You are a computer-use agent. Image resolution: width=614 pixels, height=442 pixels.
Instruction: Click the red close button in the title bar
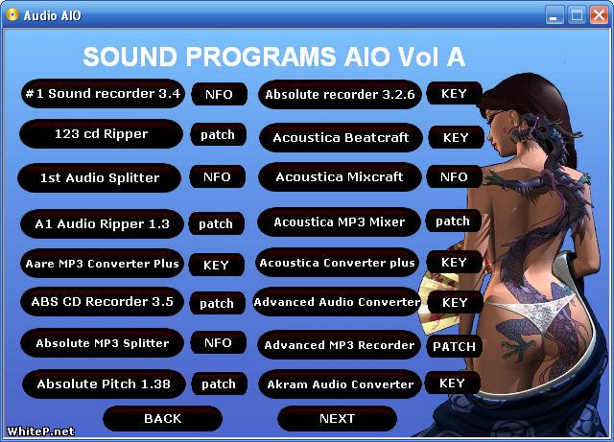click(x=599, y=15)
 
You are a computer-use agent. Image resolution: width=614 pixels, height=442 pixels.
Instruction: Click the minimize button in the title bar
click(x=555, y=15)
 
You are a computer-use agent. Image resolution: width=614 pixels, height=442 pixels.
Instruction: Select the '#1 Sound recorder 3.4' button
click(x=103, y=94)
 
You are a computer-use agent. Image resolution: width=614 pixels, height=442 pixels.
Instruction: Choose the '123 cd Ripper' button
click(x=101, y=134)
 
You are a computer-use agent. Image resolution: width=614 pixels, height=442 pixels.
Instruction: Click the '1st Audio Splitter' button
click(x=100, y=177)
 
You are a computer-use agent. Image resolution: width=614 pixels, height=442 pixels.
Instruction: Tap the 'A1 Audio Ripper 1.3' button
click(x=102, y=223)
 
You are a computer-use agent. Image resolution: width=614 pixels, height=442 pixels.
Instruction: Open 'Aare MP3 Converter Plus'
click(x=102, y=264)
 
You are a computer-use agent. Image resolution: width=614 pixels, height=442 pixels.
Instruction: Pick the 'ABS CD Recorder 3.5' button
click(x=102, y=301)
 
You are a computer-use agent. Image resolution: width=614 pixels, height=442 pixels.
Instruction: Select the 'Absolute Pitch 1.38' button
click(x=104, y=384)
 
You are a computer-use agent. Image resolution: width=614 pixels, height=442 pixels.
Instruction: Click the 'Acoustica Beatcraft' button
click(x=342, y=137)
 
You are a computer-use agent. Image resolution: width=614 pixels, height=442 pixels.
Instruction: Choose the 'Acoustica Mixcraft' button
click(x=340, y=177)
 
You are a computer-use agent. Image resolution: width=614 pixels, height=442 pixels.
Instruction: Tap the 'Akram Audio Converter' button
click(x=340, y=384)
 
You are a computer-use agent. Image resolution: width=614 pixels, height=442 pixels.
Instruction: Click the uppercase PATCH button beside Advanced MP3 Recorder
click(x=454, y=346)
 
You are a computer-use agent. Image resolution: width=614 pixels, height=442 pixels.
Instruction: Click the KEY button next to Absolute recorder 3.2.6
click(x=454, y=93)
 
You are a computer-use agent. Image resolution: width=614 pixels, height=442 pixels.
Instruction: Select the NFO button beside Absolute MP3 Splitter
click(x=218, y=343)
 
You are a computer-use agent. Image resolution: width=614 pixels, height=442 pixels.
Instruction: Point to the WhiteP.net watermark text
click(x=40, y=431)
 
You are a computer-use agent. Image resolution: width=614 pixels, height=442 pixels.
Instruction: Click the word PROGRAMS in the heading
click(x=261, y=57)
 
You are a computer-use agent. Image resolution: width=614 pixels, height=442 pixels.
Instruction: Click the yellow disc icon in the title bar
click(x=12, y=15)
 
